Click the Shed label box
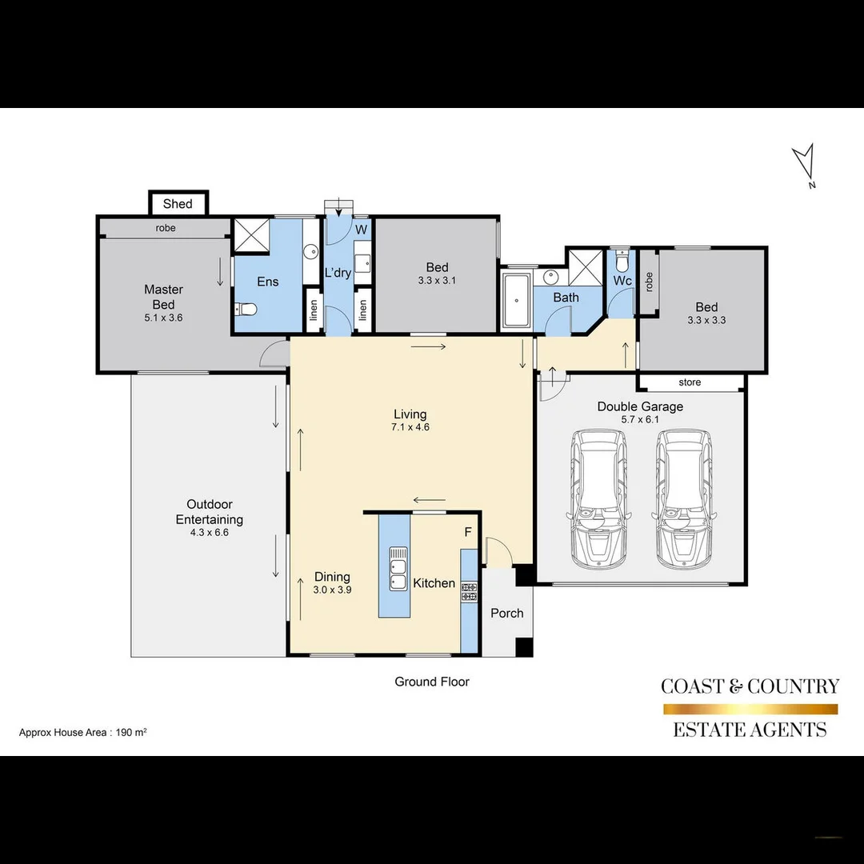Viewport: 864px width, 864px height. click(178, 204)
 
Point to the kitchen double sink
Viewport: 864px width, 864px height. click(398, 569)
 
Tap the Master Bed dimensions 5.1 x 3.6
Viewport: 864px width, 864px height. click(163, 318)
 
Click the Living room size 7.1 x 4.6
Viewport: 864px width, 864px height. click(410, 427)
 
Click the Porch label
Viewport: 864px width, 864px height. click(506, 613)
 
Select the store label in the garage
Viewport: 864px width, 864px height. click(689, 382)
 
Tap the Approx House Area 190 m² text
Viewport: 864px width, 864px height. click(82, 732)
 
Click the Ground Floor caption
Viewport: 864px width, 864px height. click(431, 682)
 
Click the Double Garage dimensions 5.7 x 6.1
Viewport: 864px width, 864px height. click(640, 419)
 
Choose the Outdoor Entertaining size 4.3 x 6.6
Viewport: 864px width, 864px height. click(209, 532)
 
